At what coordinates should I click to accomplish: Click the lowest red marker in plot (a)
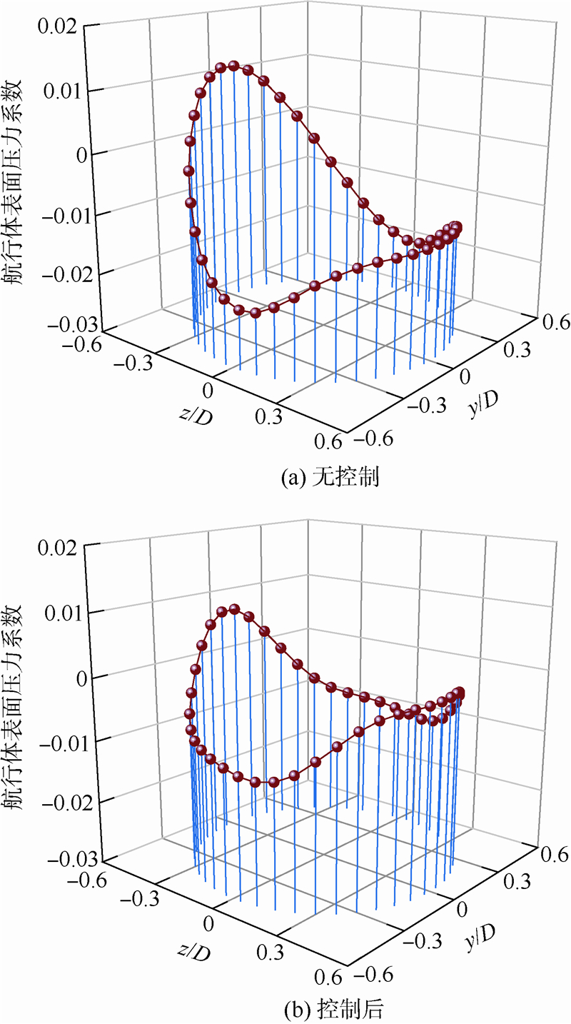pos(255,313)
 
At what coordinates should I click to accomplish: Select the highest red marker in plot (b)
pos(233,609)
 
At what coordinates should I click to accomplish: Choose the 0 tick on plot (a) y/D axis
pos(467,376)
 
